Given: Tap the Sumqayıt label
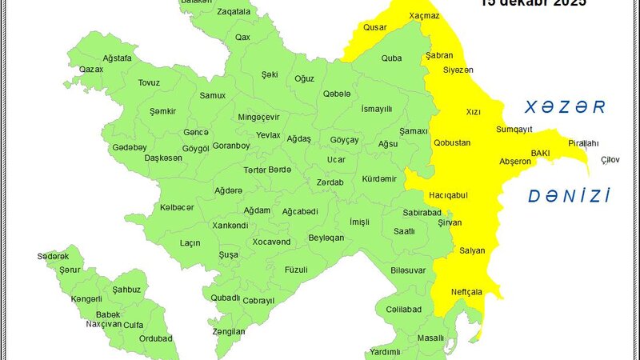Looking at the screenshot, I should click(x=514, y=129).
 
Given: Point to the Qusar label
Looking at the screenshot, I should click(x=375, y=27).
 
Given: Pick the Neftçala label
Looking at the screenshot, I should click(x=466, y=291).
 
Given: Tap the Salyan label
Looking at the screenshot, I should click(x=472, y=250).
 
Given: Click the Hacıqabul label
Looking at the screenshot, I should click(x=447, y=195).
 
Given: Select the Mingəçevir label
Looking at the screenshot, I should click(x=258, y=117).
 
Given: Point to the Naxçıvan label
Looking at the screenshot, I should click(x=103, y=324).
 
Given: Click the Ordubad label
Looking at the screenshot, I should click(x=154, y=338).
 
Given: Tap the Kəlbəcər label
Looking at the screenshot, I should click(x=177, y=207).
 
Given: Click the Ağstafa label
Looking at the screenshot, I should click(x=118, y=58).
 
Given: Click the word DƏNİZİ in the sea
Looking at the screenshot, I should click(x=570, y=195).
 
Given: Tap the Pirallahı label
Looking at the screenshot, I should click(x=582, y=142).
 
